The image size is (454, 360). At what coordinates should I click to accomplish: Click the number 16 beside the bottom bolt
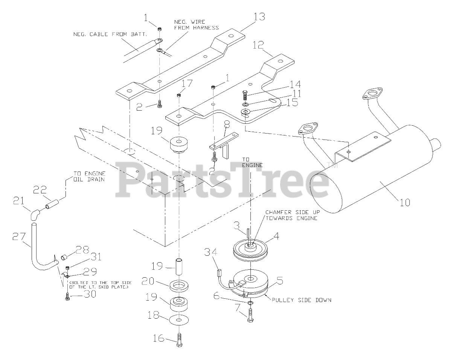pyautogui.click(x=158, y=339)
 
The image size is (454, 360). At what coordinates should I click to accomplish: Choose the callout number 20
pyautogui.click(x=148, y=281)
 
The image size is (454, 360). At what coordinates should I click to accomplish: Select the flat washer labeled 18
pyautogui.click(x=179, y=320)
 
